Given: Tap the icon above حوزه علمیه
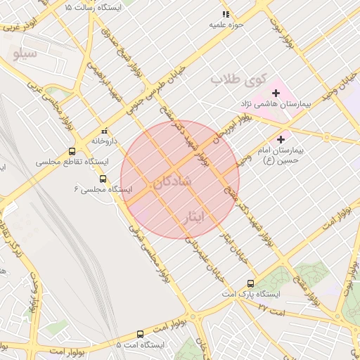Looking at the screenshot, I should pos(226,13).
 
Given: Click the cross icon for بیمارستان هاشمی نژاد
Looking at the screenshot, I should pos(275,93).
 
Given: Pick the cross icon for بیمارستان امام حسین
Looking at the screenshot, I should pos(283,139).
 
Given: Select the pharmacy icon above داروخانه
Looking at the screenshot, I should pos(105,130).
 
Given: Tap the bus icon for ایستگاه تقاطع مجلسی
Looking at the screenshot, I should pos(72,151).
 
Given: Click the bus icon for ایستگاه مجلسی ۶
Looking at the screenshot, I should pos(103,179).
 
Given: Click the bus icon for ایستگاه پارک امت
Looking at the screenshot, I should pos(250,283).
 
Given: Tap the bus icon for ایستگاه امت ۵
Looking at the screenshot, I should pos(140,335).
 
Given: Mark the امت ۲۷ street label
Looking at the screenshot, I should pos(271,308).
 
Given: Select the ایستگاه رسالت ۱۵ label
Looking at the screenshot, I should pos(91,6).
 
